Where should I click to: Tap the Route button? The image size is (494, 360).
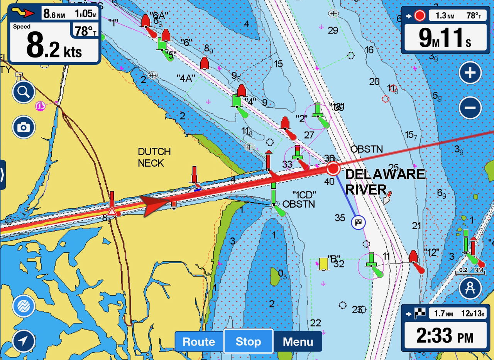pos(199,342)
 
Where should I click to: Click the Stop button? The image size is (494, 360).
pos(248,342)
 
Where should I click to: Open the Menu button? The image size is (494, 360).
pos(298,342)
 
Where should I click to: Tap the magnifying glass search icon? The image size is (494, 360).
pos(24,92)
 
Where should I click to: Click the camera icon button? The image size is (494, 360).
pos(24,127)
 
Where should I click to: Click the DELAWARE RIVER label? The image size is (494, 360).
pos(385,182)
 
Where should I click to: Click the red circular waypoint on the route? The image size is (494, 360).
pos(333,169)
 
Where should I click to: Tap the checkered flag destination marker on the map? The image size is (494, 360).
pos(359,222)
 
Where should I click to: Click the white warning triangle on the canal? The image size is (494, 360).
pos(112,211)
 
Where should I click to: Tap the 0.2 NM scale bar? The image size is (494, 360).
pos(470,270)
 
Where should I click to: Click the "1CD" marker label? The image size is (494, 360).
pos(304,194)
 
